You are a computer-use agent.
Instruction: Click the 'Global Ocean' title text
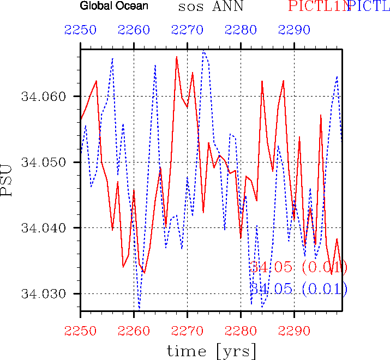114,7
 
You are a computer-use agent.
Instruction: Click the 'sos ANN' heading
210,7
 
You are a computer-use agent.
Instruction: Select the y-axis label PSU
7,183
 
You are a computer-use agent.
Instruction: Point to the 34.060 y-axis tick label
43,97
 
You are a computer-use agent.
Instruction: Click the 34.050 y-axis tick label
43,163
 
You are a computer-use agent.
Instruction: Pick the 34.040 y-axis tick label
43,228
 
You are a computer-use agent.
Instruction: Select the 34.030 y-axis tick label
43,293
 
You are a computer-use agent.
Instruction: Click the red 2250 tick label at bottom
80,329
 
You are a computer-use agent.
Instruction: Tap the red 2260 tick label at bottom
134,329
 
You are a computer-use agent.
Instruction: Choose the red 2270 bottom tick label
187,329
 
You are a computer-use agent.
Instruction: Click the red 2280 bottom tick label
241,329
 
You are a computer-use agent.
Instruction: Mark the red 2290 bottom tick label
294,329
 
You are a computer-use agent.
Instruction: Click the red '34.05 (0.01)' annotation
298,267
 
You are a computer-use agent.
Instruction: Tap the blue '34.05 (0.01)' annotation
298,289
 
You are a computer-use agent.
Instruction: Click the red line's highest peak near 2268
176,57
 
